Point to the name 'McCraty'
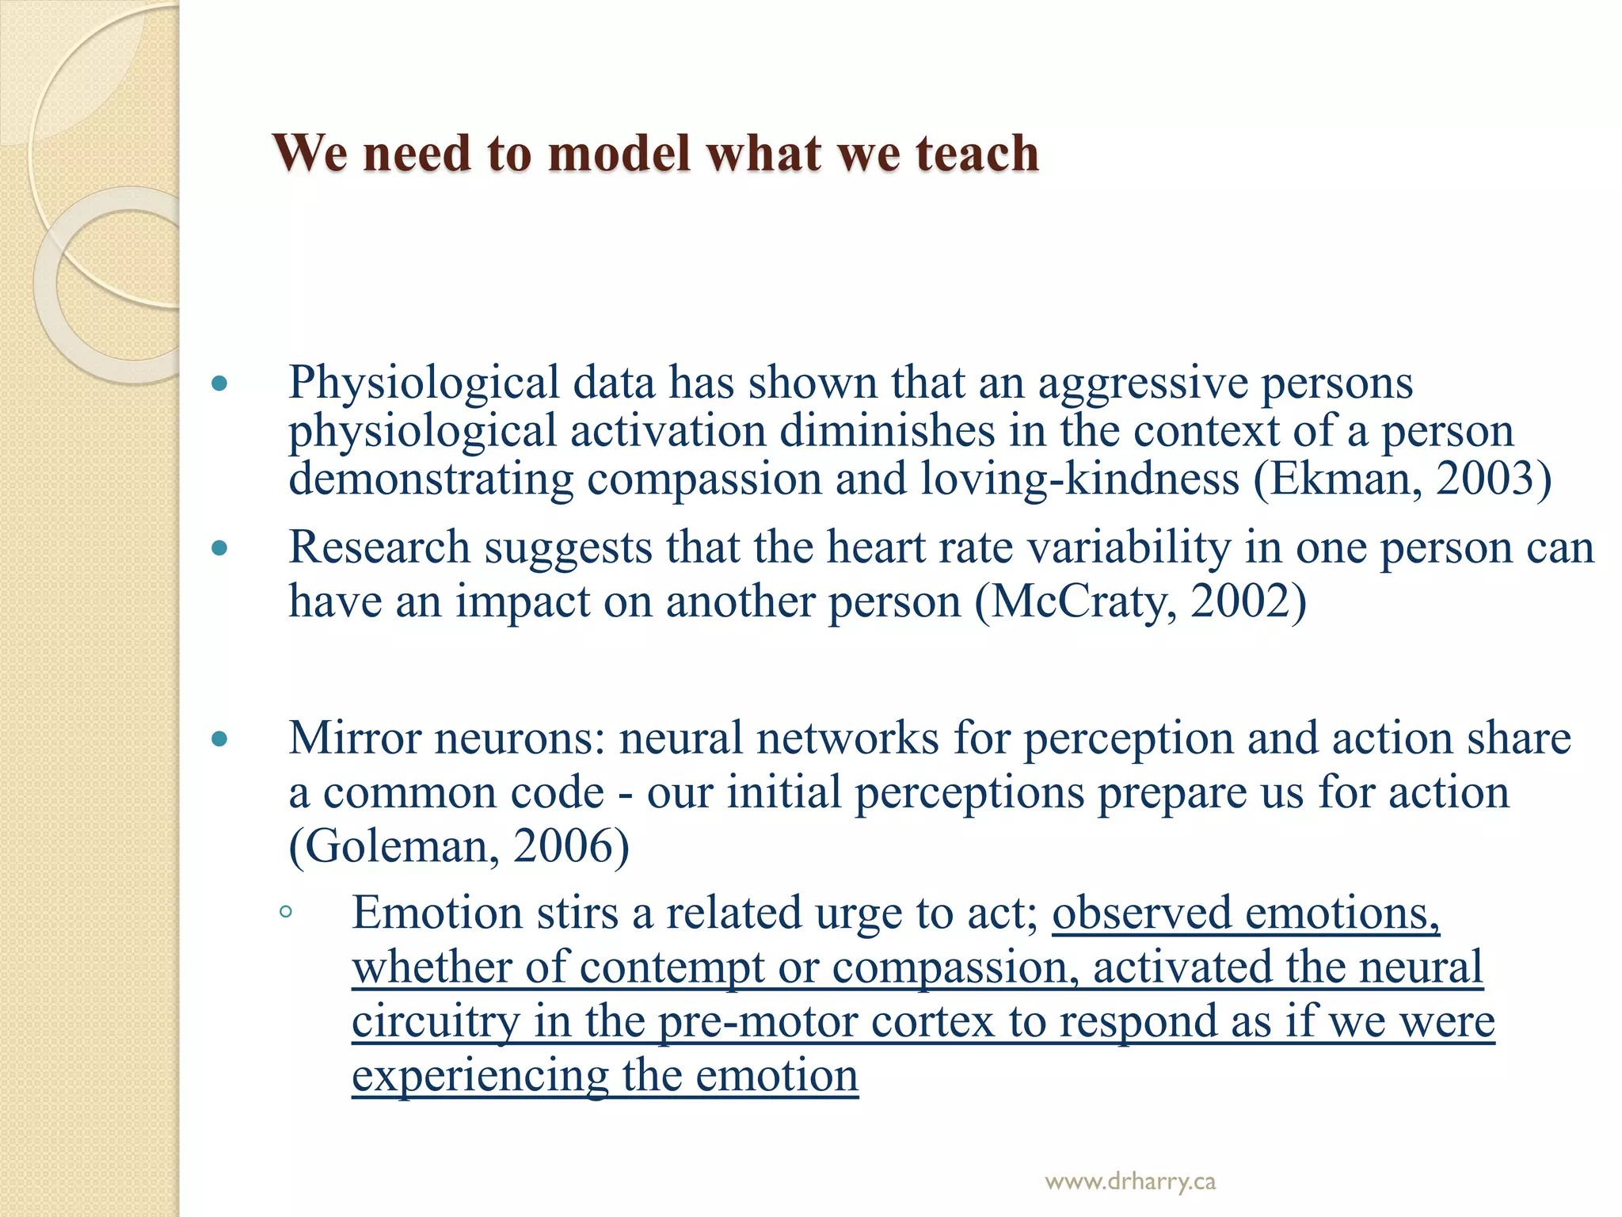tap(1082, 601)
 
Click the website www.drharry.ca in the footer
tap(1130, 1182)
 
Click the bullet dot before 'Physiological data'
tap(220, 385)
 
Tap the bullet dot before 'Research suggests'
tap(220, 548)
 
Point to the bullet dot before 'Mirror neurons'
tap(220, 740)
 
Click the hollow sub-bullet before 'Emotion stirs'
tap(286, 912)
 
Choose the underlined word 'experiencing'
tap(480, 1076)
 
